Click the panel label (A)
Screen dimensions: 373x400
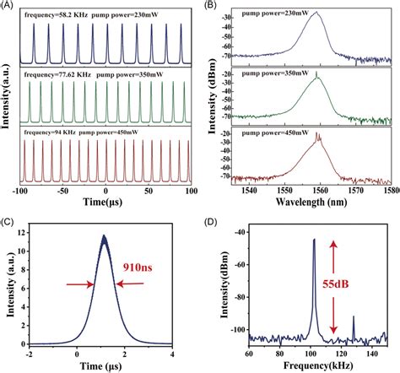pos(8,7)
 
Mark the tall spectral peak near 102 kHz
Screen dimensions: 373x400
pos(315,240)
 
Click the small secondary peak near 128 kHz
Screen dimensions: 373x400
pos(353,317)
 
